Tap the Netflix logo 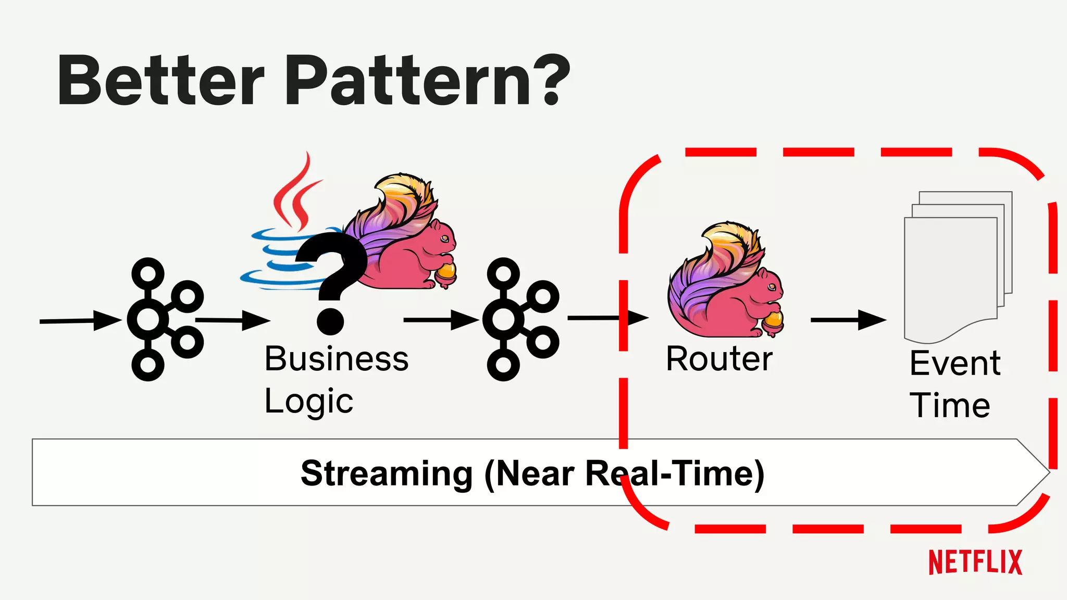[x=975, y=562]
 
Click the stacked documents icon [x=956, y=266]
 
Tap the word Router [x=719, y=359]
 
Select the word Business [x=337, y=359]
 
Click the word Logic [x=308, y=402]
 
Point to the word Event [x=954, y=363]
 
